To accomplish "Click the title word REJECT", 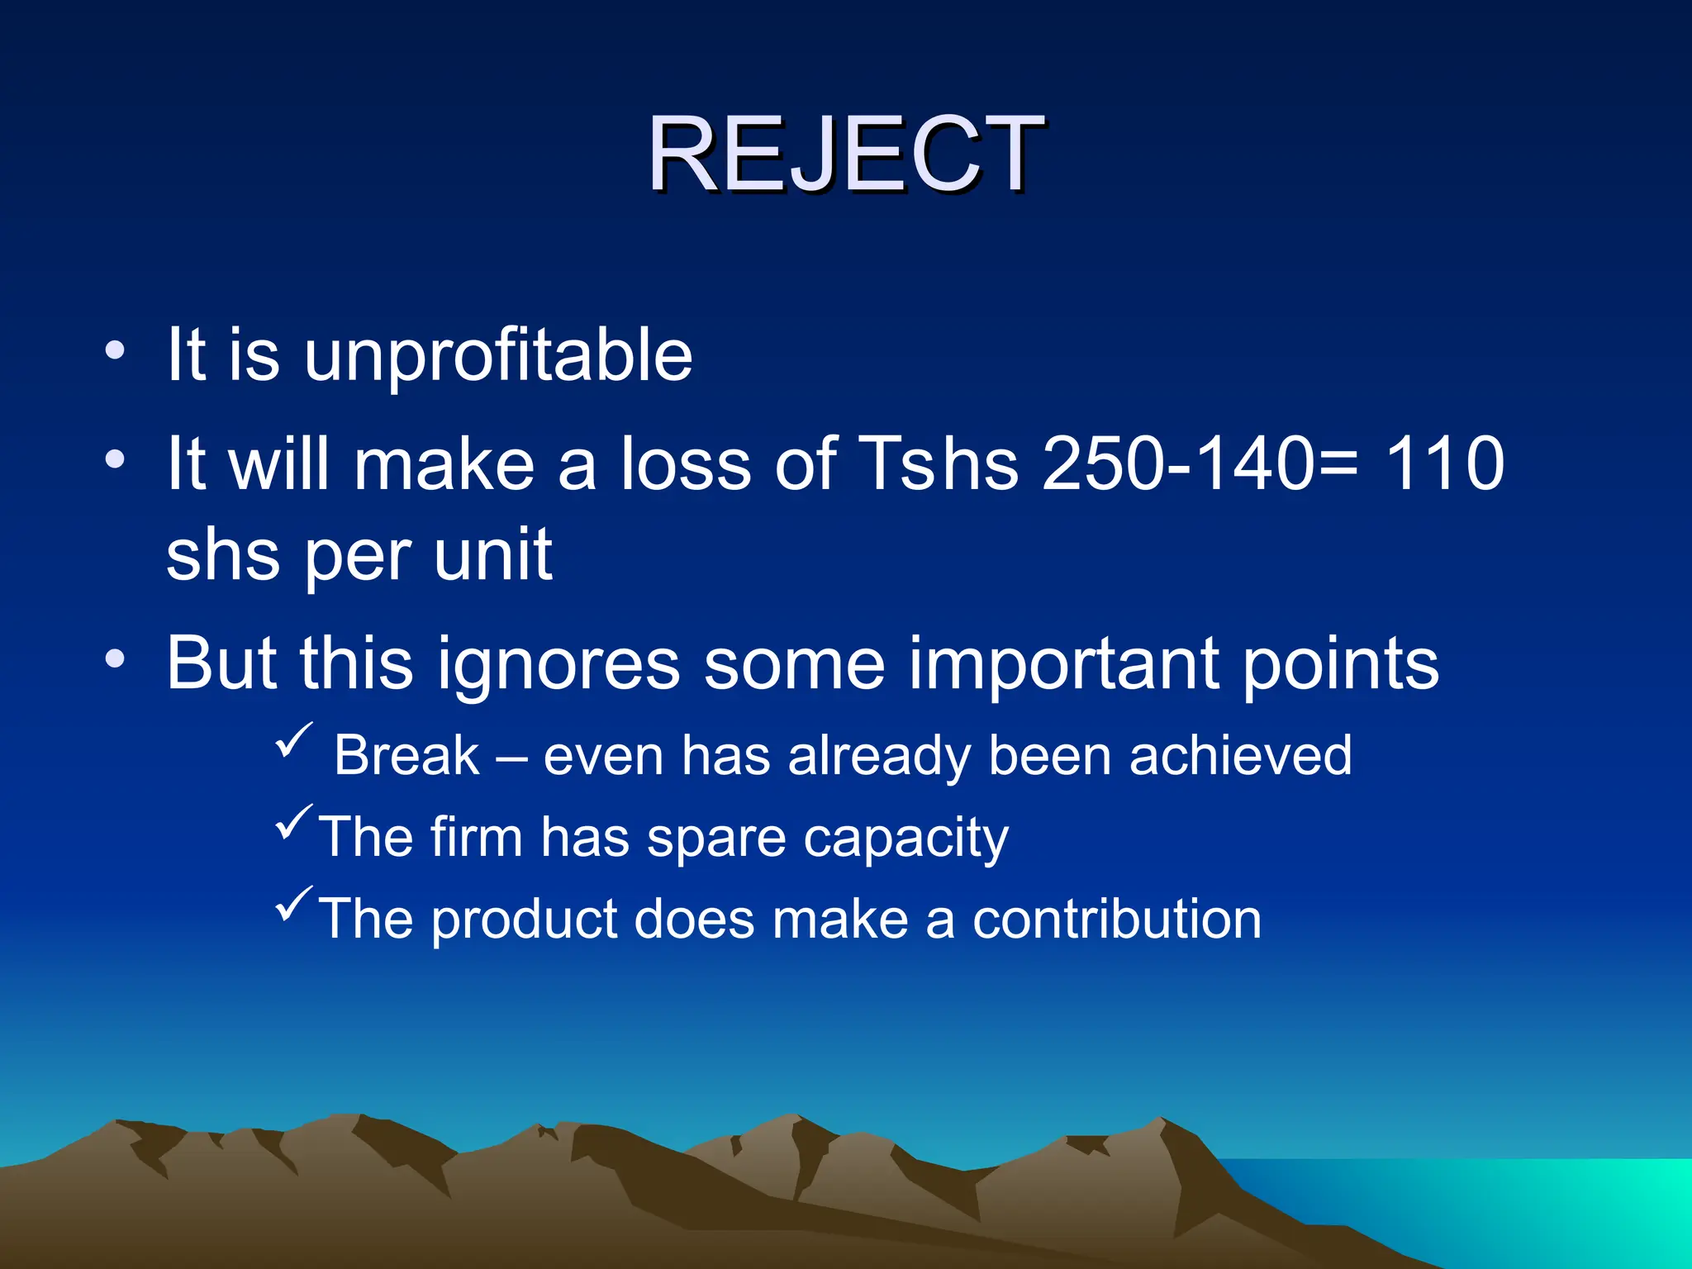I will [846, 154].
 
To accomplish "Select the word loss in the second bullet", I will [687, 464].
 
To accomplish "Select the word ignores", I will [558, 665].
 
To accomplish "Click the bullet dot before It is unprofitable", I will [115, 350].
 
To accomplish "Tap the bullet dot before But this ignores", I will [115, 659].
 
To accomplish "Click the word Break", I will [406, 756].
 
